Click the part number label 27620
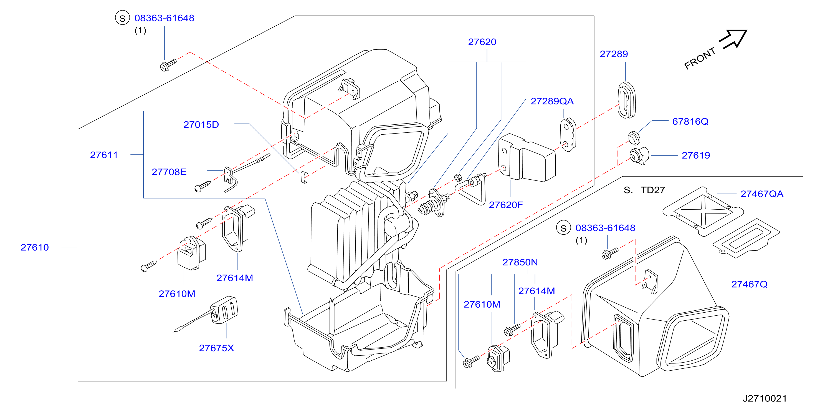[482, 42]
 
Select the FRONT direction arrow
[733, 39]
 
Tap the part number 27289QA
[552, 101]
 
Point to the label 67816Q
[690, 122]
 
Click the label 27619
[696, 155]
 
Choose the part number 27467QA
[762, 194]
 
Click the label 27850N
[520, 263]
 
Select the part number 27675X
[216, 348]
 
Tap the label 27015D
[201, 125]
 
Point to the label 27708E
[169, 172]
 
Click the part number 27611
[104, 155]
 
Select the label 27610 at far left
[35, 248]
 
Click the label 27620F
[506, 205]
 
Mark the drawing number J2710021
[765, 398]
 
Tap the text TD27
[653, 190]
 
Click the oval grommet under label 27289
[626, 100]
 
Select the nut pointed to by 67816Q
[634, 138]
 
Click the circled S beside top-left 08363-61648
[122, 18]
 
